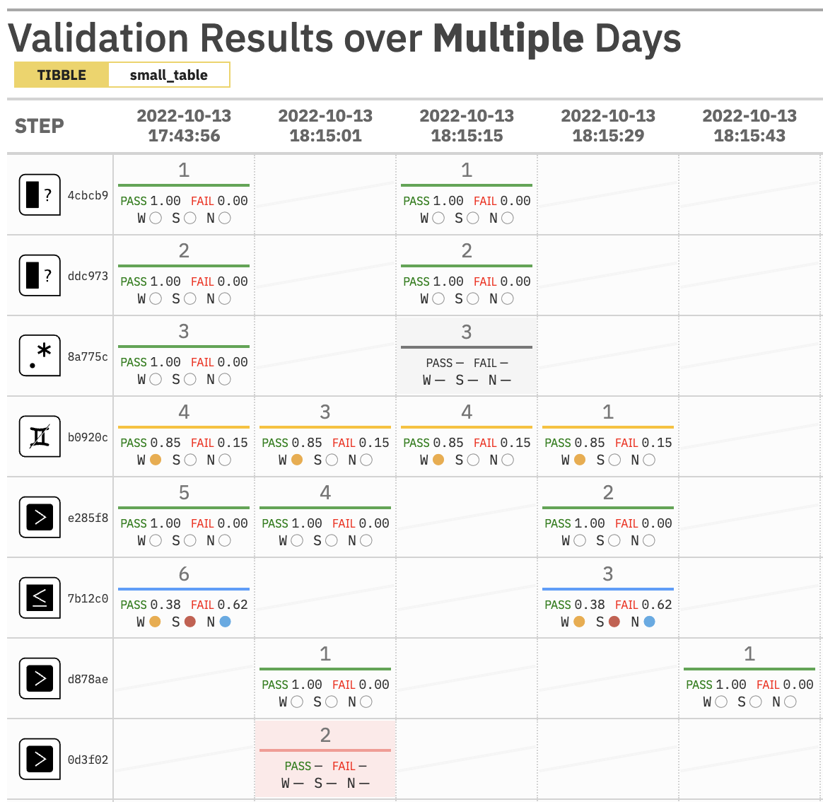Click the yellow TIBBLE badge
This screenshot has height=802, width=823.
coord(62,75)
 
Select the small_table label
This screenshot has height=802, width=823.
coord(168,75)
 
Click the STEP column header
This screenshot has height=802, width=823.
coord(40,126)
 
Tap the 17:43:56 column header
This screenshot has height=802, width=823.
coord(184,126)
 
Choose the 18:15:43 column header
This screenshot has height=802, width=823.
coord(749,126)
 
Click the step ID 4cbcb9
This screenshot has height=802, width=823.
coord(88,195)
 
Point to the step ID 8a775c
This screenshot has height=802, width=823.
coord(88,356)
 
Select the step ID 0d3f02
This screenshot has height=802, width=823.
coord(88,760)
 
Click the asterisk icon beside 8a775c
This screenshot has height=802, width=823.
coord(40,356)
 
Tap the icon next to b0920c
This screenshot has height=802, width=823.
coord(40,437)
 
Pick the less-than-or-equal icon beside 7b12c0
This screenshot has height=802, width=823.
coord(40,598)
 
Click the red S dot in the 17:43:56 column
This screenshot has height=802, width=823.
coord(189,622)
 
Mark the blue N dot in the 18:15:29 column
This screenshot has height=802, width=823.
coord(649,622)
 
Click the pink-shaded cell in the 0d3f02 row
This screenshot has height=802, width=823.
coord(325,759)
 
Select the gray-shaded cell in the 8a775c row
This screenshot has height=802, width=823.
coord(467,356)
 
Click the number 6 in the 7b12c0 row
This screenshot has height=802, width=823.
coord(184,574)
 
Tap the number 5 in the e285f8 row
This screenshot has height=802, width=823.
coord(184,493)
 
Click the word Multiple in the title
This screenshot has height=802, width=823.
coord(508,38)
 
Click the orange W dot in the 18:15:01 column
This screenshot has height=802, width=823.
coord(297,460)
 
